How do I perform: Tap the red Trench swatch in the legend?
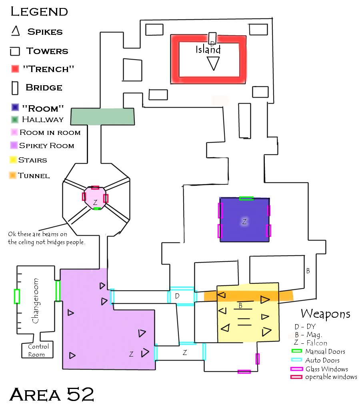point(16,69)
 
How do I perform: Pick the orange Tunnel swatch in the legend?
point(13,175)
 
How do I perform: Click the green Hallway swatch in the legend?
point(15,119)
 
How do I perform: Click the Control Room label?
point(38,350)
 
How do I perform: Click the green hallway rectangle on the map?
point(102,116)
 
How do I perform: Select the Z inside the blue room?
point(244,221)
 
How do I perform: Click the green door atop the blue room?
point(246,198)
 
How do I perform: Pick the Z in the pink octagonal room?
point(95,203)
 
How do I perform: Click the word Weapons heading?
point(325,313)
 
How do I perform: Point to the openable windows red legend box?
point(296,377)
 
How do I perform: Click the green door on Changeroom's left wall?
point(17,296)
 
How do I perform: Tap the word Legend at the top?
point(39,11)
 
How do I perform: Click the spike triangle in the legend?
point(15,31)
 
